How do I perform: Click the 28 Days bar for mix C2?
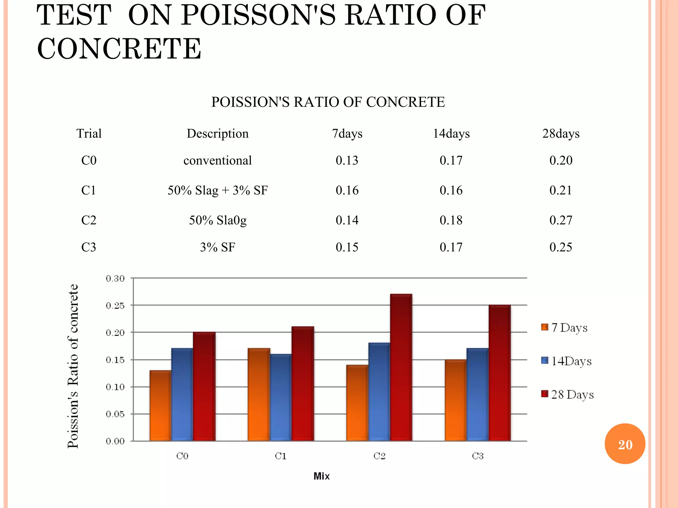[401, 367]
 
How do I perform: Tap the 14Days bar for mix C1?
[281, 397]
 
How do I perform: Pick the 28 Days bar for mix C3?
[500, 373]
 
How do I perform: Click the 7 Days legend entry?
[564, 328]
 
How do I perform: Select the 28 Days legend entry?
[567, 395]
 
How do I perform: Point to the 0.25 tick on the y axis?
[115, 306]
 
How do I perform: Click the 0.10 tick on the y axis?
[115, 387]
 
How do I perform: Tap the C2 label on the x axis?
[379, 456]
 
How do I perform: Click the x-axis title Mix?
[321, 476]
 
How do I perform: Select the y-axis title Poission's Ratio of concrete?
[73, 366]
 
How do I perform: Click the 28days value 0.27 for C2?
[560, 220]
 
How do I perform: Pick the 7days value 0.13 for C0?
[347, 160]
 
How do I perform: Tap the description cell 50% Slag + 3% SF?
[218, 190]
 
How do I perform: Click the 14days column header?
[451, 134]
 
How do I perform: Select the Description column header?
[218, 134]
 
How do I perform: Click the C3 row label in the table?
[89, 247]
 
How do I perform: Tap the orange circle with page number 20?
[625, 444]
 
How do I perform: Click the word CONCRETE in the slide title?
[119, 49]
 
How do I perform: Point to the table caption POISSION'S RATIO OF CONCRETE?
[328, 102]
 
